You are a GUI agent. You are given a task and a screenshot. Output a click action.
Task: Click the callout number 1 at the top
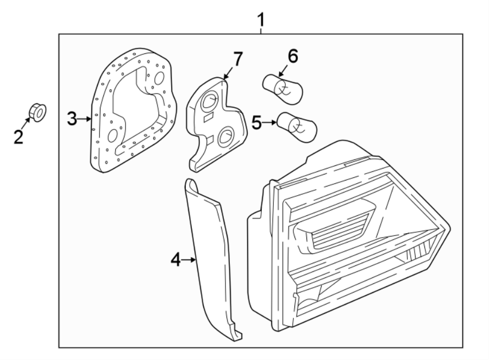click(261, 20)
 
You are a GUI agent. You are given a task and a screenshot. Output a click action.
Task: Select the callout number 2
click(18, 136)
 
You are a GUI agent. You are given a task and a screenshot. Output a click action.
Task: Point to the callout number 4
click(175, 260)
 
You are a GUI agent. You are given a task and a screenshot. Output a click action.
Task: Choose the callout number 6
click(293, 55)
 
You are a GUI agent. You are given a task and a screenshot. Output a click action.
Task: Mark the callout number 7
click(238, 59)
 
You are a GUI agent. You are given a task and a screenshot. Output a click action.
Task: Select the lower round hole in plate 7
click(225, 138)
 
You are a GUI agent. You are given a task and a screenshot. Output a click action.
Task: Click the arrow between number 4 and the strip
click(190, 260)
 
